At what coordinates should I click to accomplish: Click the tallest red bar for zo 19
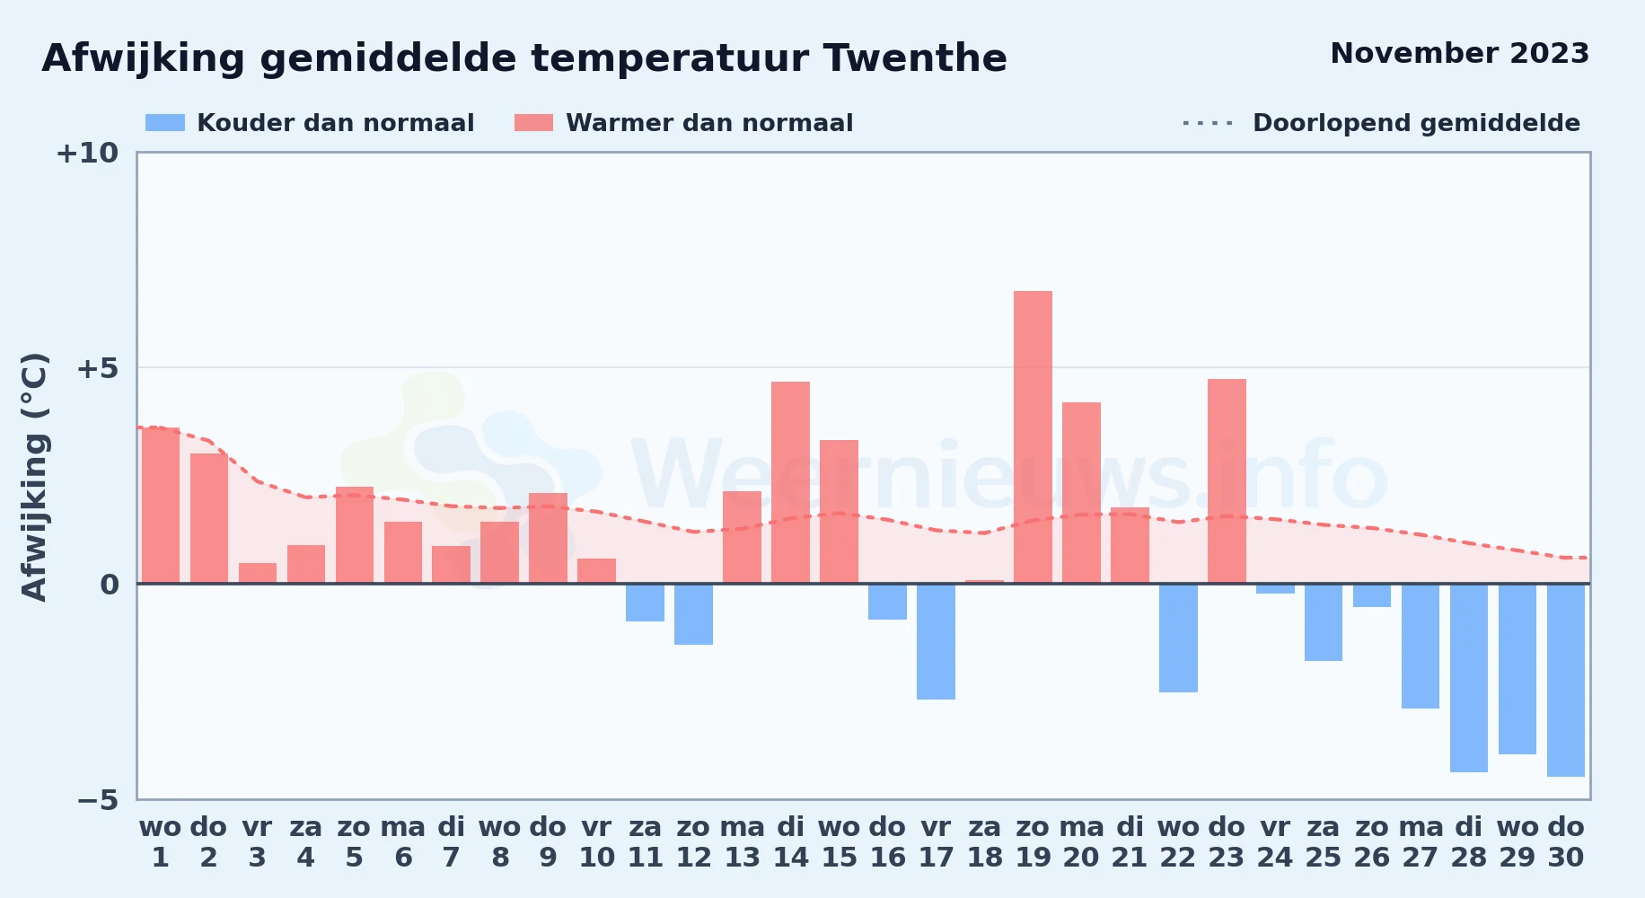click(1033, 437)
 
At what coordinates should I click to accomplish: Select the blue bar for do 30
click(1566, 680)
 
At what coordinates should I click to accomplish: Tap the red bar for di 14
click(790, 482)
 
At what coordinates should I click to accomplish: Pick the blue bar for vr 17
click(936, 641)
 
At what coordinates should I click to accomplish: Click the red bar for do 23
click(1227, 481)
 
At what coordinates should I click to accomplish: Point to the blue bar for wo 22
click(1178, 638)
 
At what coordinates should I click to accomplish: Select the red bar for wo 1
click(161, 506)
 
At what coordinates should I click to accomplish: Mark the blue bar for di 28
click(1469, 678)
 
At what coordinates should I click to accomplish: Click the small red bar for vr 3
click(258, 573)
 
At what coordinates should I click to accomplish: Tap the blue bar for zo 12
click(693, 614)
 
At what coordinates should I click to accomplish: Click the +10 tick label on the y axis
click(87, 153)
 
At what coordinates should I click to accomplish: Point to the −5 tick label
click(98, 799)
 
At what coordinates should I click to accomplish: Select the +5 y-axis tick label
click(97, 368)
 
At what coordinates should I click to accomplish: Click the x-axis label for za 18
click(984, 842)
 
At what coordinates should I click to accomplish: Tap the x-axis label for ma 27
click(1421, 842)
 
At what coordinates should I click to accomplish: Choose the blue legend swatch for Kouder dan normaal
click(165, 123)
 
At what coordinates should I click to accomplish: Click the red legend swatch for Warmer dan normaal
click(533, 123)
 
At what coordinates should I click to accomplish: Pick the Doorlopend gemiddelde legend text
click(1416, 123)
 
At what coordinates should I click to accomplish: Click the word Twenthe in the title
click(915, 58)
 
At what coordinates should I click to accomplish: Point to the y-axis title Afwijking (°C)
click(34, 477)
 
